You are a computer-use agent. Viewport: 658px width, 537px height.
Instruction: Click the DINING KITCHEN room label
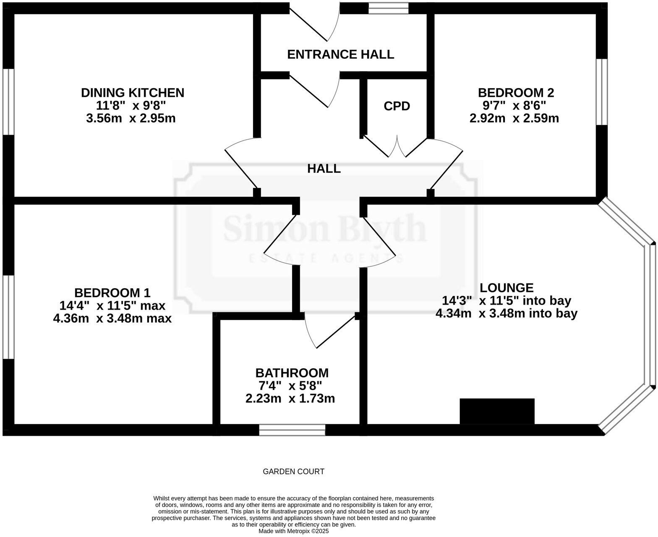click(x=132, y=92)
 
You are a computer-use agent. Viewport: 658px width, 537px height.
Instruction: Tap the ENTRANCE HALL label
click(x=340, y=54)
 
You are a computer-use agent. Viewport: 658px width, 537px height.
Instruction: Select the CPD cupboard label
click(x=397, y=106)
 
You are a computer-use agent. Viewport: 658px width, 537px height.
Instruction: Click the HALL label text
click(x=324, y=169)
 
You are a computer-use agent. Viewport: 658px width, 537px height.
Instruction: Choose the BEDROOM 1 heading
click(x=112, y=292)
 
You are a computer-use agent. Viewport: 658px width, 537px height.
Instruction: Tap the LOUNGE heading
click(x=507, y=288)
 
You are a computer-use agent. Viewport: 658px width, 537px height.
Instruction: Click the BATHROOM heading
click(x=292, y=373)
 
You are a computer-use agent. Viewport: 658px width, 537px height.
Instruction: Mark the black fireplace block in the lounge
click(x=497, y=411)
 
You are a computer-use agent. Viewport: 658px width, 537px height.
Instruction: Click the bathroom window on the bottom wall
click(x=292, y=430)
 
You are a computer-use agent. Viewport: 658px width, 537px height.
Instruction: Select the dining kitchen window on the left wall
click(x=8, y=102)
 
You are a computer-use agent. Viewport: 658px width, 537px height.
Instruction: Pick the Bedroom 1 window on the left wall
click(x=8, y=317)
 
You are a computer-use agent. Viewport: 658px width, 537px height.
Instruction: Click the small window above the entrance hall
click(x=388, y=8)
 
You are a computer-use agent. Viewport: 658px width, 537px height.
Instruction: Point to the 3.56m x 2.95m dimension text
click(x=131, y=118)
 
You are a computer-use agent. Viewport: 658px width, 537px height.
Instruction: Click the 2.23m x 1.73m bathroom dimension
click(x=290, y=399)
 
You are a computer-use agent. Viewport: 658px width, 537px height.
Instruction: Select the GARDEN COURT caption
click(x=293, y=472)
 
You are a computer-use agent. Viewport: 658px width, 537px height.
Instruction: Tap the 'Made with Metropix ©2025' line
click(x=293, y=531)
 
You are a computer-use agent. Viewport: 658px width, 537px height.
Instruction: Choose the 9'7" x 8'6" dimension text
click(x=514, y=105)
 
